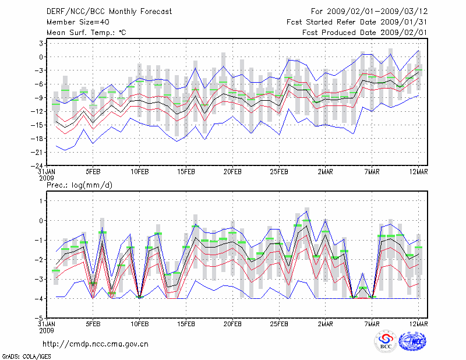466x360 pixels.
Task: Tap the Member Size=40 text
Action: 75,22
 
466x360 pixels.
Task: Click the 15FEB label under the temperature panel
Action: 185,172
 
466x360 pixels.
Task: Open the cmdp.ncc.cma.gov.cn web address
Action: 96,344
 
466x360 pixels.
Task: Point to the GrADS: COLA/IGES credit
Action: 23,355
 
